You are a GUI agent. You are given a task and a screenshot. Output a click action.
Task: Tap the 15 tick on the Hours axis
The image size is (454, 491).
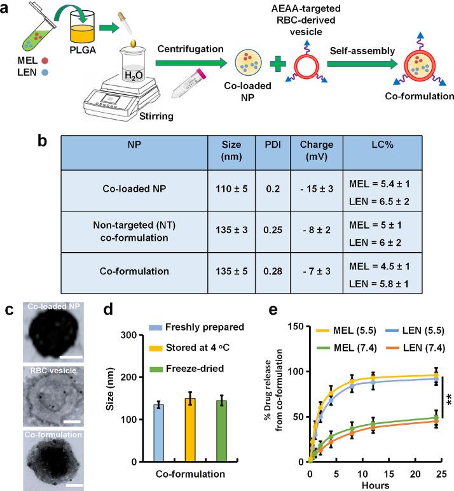[x=387, y=472]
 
